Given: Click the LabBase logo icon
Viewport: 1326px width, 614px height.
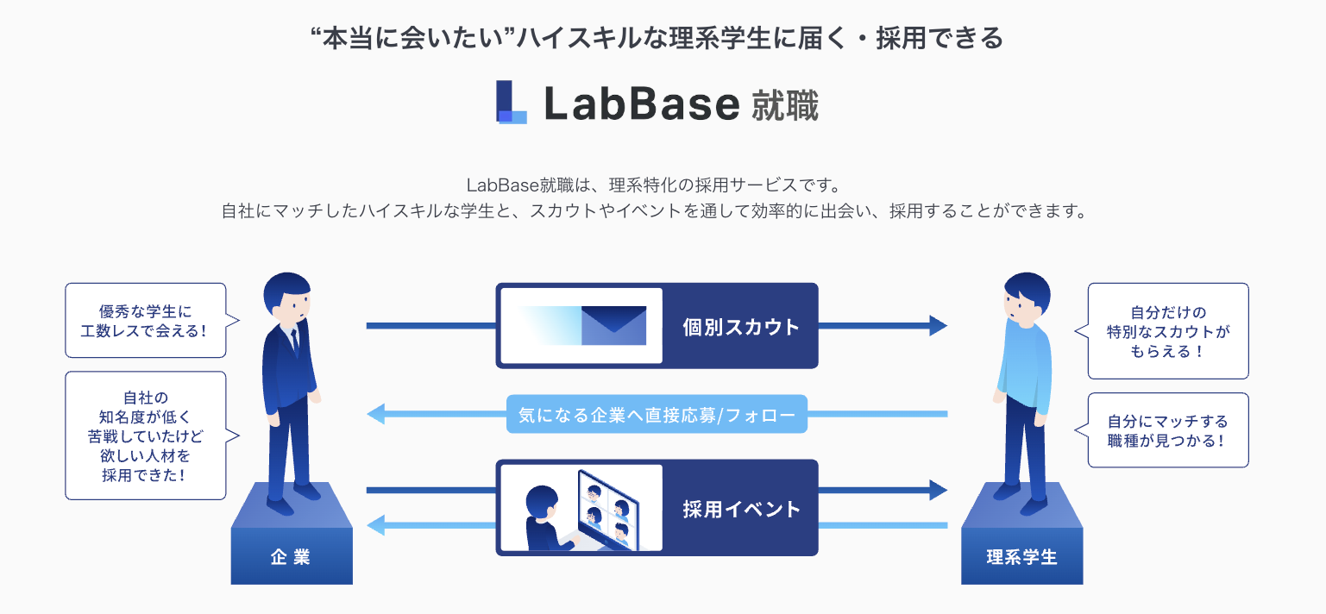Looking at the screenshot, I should (512, 103).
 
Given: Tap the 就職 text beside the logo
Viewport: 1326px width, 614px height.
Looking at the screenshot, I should (784, 104).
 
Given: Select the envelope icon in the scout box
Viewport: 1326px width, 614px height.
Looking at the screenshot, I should (613, 325).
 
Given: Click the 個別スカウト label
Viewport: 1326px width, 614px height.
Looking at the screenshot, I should (740, 327).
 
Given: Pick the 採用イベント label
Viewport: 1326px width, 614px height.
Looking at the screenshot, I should (741, 509).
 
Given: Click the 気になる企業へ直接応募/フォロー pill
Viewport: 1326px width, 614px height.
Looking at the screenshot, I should (657, 414).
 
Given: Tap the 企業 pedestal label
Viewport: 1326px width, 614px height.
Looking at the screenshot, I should (291, 557).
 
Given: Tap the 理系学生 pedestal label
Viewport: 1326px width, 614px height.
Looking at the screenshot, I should (1021, 557).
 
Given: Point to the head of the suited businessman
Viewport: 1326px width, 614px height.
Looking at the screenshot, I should (288, 298).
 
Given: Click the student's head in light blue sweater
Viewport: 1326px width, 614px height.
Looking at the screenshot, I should (1026, 298).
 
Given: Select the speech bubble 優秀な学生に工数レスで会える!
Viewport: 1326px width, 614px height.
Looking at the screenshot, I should (145, 320).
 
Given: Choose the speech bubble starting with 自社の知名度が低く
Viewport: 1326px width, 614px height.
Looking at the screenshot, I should (145, 435).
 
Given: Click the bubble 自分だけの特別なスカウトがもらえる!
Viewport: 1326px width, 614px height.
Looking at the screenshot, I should (1167, 331).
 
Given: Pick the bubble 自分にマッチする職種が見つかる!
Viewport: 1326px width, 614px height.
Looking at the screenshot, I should (1167, 430).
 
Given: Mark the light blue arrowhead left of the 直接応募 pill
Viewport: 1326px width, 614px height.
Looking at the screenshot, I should (376, 415).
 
